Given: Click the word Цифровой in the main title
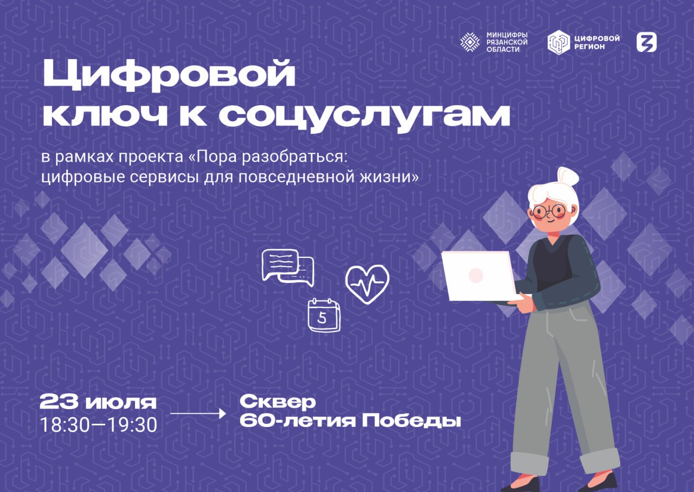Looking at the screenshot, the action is (169, 75).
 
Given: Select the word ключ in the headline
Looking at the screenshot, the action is (106, 115).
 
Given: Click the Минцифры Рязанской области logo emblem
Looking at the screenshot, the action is (470, 42).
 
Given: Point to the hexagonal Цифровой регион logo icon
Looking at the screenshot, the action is (558, 42).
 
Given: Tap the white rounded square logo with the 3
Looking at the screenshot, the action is (647, 42).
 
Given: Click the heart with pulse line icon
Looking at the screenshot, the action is (367, 285).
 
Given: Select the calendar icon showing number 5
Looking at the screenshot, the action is (324, 315).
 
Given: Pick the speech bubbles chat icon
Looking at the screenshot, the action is (288, 268).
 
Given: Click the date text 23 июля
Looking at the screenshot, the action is (98, 402).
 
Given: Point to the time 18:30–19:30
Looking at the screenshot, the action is (99, 425).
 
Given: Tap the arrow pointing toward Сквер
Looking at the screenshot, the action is (198, 413).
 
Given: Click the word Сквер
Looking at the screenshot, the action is (278, 402).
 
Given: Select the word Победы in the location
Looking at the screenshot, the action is (412, 422).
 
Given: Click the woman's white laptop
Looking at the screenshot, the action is (479, 276).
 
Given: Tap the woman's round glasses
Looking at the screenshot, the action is (549, 211).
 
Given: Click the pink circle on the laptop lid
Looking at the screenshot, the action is (476, 275).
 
